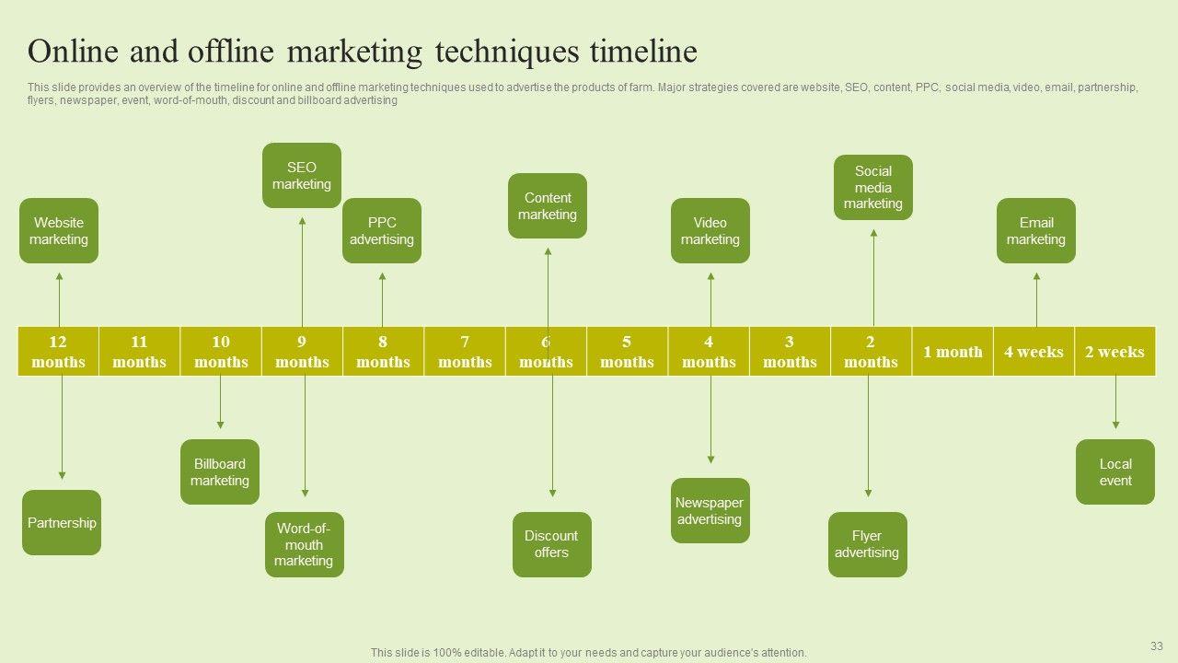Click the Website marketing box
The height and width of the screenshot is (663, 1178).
(x=59, y=231)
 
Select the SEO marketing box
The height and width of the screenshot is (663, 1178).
(x=302, y=176)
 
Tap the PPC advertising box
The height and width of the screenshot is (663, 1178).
(x=382, y=231)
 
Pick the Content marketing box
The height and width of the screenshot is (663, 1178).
(x=548, y=206)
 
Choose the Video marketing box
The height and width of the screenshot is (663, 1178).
(x=710, y=231)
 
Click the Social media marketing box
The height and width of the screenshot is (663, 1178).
(x=873, y=188)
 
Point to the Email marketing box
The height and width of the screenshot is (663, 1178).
(x=1036, y=231)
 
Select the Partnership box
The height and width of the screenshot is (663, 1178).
(x=62, y=523)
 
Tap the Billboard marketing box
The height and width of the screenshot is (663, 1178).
(x=220, y=472)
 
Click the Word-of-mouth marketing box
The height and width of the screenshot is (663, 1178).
(x=305, y=545)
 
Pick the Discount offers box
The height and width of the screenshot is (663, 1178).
(x=552, y=545)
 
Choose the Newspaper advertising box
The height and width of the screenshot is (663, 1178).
(x=710, y=511)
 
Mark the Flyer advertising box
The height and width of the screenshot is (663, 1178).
(x=868, y=545)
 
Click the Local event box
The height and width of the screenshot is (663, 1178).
(x=1115, y=472)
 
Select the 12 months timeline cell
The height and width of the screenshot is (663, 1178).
(x=58, y=352)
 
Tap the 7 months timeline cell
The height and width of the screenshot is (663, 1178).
(x=465, y=352)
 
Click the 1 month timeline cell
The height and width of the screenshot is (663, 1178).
(x=953, y=352)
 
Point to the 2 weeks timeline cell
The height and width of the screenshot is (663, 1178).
(x=1114, y=352)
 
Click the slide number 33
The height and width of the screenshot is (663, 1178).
(x=1157, y=646)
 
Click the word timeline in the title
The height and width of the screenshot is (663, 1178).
(x=643, y=52)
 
